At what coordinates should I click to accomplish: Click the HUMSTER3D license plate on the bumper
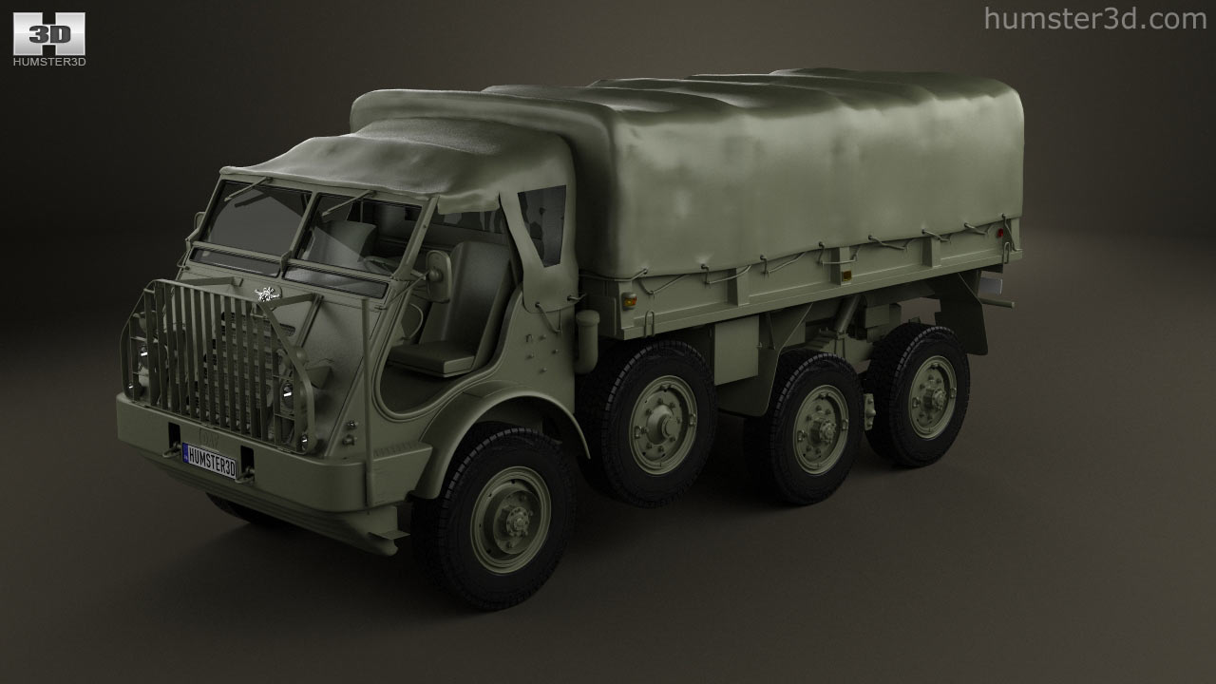point(210,461)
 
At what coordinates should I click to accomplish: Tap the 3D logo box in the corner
point(48,33)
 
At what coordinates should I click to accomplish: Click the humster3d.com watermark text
point(1095,19)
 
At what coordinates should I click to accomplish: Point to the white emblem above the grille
point(267,294)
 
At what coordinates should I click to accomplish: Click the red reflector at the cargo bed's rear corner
point(999,234)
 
